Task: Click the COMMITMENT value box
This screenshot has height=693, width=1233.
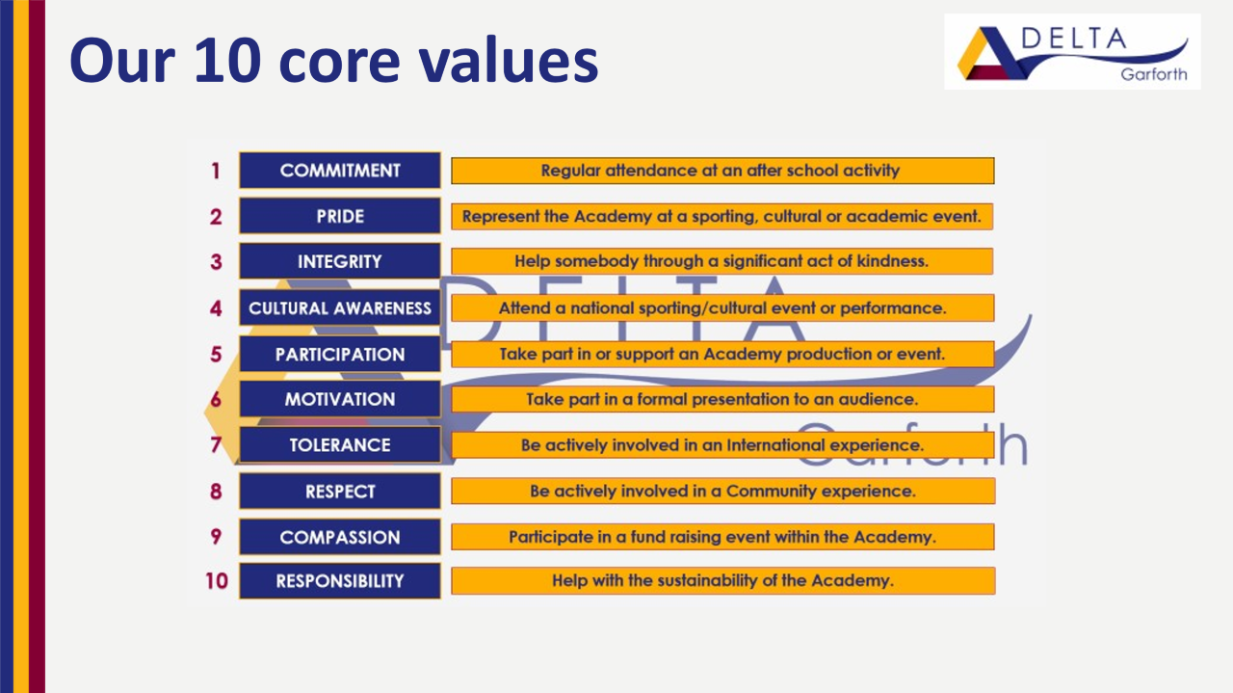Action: tap(340, 171)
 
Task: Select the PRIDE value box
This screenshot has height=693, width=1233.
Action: tap(340, 216)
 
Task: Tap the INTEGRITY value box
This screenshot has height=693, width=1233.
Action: tap(340, 261)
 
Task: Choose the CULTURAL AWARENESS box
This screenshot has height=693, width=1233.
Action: tap(340, 307)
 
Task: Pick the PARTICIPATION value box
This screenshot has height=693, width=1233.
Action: tap(340, 354)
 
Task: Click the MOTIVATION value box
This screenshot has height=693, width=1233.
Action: tap(340, 399)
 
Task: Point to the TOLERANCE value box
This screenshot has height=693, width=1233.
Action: tap(340, 444)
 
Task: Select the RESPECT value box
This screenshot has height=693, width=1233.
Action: tap(340, 491)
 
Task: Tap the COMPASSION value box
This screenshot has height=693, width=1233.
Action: tap(340, 537)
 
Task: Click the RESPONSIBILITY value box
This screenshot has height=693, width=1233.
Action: tap(340, 580)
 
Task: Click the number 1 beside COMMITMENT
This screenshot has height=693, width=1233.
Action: tap(215, 171)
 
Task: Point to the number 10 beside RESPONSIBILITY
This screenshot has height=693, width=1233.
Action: tap(217, 580)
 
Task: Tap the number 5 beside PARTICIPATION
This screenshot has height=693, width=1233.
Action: tap(216, 354)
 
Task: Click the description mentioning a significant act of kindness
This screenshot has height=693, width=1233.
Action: tap(722, 261)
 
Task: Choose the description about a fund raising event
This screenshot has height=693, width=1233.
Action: tap(722, 537)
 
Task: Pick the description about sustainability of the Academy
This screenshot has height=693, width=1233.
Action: tap(723, 580)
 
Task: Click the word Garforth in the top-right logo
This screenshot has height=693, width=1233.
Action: tap(1154, 74)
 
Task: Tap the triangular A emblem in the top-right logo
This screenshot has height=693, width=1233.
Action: tap(992, 53)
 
